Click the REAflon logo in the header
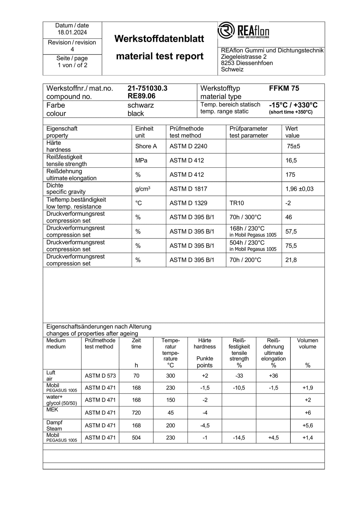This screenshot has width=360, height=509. click(244, 31)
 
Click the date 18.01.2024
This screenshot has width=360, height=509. click(72, 32)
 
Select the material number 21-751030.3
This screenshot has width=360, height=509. click(147, 88)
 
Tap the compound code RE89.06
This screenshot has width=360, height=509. click(141, 96)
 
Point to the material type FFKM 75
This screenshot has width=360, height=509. click(284, 88)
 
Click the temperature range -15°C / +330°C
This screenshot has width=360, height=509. click(293, 105)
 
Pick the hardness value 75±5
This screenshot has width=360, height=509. click(293, 146)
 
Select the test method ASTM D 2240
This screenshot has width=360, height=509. click(188, 146)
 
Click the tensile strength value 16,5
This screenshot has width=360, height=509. click(291, 160)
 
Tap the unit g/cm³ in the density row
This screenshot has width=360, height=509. click(142, 189)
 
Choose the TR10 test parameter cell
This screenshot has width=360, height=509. click(237, 203)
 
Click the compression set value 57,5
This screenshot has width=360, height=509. click(291, 232)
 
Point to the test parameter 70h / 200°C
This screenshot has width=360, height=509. click(245, 260)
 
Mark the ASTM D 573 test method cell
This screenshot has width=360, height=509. click(100, 376)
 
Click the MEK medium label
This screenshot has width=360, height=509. click(52, 410)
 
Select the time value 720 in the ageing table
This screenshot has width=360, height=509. click(136, 413)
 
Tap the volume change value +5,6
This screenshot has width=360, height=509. click(307, 425)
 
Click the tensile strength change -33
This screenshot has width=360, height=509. click(239, 376)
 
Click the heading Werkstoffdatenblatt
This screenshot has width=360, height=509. click(159, 39)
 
